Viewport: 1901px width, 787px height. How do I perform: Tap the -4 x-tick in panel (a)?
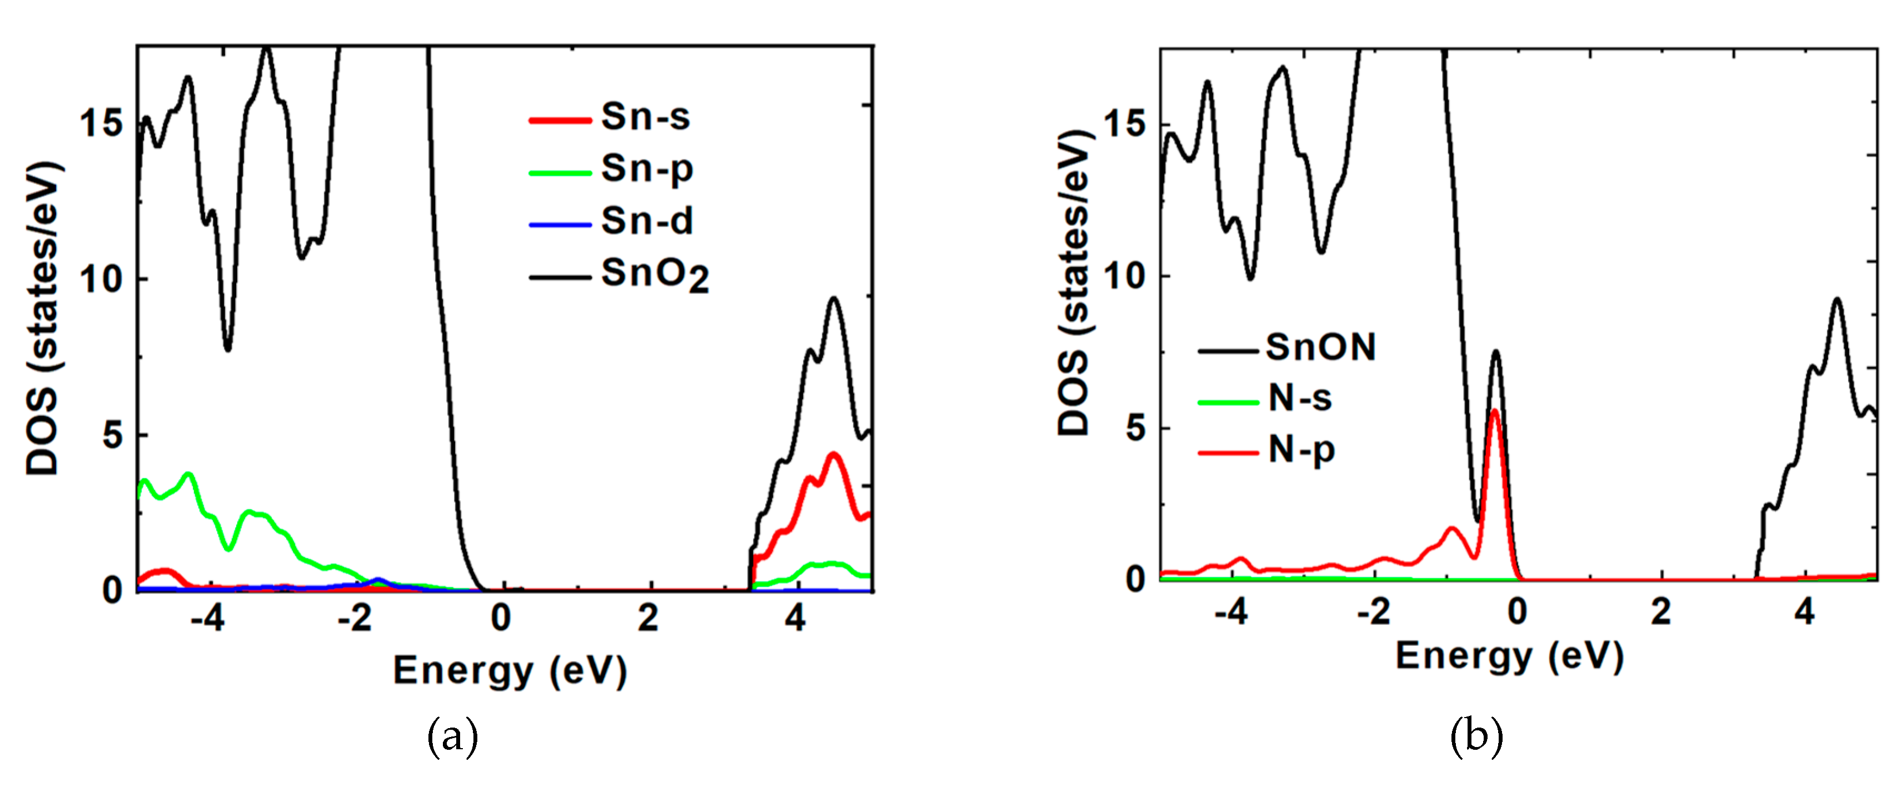[x=207, y=618]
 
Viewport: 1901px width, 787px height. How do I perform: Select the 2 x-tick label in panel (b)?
[x=1660, y=611]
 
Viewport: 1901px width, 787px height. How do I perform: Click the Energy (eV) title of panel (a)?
[x=509, y=671]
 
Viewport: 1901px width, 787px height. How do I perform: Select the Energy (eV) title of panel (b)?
[x=1509, y=656]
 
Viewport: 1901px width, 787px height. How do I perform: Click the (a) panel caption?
[x=452, y=736]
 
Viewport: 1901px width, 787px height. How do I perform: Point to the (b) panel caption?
[x=1476, y=736]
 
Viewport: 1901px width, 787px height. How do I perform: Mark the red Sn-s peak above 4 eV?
[x=834, y=456]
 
